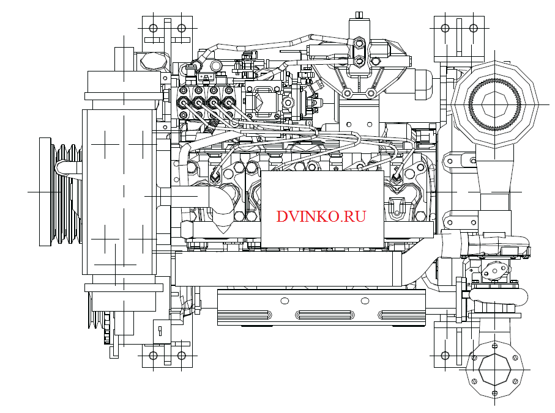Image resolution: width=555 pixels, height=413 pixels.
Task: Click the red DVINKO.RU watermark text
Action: [321, 216]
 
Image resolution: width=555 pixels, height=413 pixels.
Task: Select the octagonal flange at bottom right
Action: [495, 370]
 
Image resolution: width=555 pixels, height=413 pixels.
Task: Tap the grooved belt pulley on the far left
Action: [61, 191]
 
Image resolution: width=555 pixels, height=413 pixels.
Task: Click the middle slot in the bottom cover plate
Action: [322, 315]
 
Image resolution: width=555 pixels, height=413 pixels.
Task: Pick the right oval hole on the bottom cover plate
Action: [365, 300]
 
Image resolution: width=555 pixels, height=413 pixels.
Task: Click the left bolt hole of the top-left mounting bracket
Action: [153, 27]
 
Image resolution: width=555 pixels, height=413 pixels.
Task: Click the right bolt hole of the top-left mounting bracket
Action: [181, 27]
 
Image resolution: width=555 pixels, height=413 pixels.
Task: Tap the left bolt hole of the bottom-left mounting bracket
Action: [153, 354]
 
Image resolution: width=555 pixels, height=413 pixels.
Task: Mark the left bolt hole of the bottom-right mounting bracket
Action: [445, 354]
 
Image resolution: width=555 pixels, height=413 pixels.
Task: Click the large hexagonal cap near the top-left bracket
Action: [151, 60]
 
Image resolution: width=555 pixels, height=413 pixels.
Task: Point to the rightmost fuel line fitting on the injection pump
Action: [229, 102]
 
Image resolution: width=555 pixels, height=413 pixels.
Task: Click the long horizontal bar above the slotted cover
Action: [288, 269]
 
